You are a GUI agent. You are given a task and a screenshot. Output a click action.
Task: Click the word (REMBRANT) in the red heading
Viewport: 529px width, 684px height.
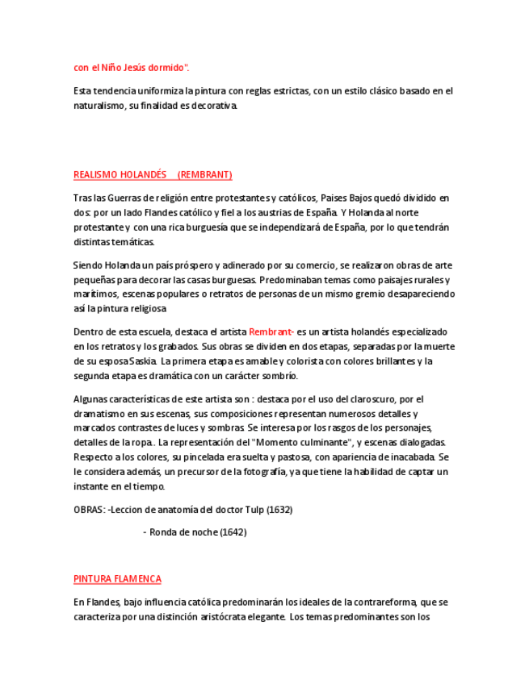[x=205, y=174]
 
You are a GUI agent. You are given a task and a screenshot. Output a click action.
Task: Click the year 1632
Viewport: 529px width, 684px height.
[x=279, y=510]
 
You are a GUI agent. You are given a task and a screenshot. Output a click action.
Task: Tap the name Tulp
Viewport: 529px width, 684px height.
[x=254, y=510]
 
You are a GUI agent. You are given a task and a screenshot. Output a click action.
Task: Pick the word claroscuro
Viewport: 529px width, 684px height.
[x=371, y=398]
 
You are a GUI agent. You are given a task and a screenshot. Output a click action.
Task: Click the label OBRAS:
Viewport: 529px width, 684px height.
[x=89, y=510]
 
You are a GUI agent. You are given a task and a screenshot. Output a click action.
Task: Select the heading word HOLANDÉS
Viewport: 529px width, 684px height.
[x=143, y=174]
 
